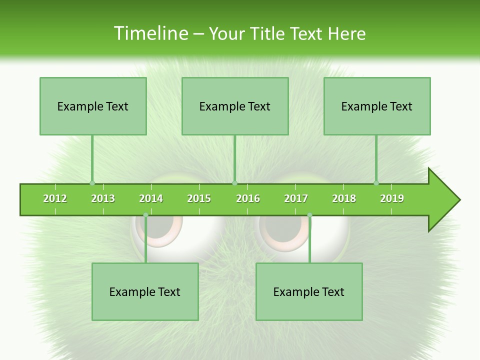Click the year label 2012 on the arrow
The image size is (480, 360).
click(x=55, y=198)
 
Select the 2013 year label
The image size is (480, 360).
click(x=103, y=198)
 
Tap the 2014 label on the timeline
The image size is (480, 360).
click(x=151, y=198)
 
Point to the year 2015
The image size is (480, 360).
click(x=199, y=198)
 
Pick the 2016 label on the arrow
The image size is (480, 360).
click(x=248, y=198)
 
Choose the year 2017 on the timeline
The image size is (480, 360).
click(x=296, y=198)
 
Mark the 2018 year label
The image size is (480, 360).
click(x=344, y=198)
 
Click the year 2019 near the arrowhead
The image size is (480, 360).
click(x=392, y=198)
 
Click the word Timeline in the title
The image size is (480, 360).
click(x=150, y=33)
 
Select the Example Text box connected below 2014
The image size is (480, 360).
click(x=145, y=291)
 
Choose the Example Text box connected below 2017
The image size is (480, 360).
click(x=309, y=291)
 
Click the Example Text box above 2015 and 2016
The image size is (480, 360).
click(x=235, y=106)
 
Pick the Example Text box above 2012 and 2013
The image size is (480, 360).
click(x=93, y=106)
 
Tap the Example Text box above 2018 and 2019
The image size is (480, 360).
click(x=377, y=106)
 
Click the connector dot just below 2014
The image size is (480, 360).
click(x=145, y=215)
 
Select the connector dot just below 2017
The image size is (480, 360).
click(x=309, y=215)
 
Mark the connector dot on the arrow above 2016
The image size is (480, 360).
click(x=235, y=183)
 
